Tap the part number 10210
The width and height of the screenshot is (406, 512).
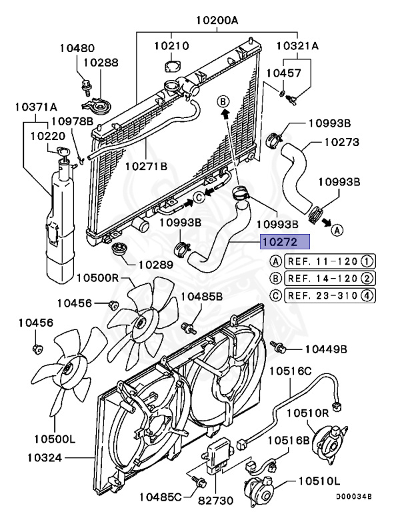coord(172,46)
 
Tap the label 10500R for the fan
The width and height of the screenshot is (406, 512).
coord(97,277)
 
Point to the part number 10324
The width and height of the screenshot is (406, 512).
coord(46,457)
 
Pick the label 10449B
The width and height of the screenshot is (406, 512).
coord(327,349)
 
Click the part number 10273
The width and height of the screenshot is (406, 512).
coord(342,142)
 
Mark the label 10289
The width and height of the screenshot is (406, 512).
coord(156,264)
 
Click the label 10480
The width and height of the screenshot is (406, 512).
coord(77,48)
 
